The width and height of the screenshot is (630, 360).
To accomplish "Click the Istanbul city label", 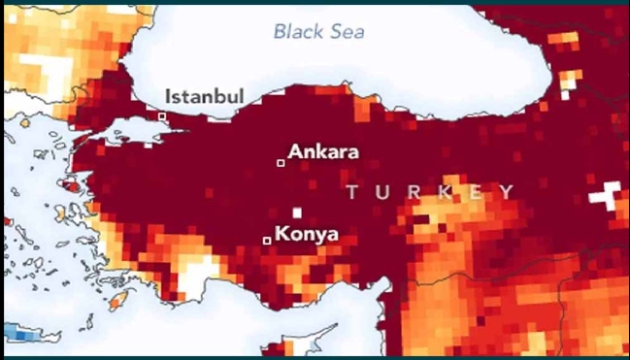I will [x=204, y=96].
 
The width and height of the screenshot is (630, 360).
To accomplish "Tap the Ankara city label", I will [x=323, y=152].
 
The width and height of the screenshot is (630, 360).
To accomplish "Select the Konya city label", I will [x=307, y=234].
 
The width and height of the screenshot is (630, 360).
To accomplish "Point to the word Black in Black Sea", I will [x=296, y=31].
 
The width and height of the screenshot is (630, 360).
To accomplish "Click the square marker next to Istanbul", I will [x=162, y=116].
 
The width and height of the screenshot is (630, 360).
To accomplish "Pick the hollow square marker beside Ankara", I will [x=281, y=162].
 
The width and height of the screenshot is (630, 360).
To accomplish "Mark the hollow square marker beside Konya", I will [x=267, y=240].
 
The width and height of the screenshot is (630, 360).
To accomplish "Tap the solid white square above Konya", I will [x=297, y=213].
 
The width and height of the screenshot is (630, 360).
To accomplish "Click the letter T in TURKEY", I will [x=352, y=192].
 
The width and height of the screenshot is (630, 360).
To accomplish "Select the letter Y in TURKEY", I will [x=507, y=192].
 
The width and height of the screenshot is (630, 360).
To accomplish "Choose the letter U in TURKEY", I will [x=381, y=192].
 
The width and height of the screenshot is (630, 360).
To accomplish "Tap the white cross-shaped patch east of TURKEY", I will [x=609, y=196].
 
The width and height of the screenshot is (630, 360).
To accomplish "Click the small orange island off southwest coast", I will [x=118, y=302].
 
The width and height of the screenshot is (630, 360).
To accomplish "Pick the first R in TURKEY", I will [x=413, y=192].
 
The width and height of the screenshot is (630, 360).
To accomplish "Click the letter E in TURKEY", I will [x=476, y=192].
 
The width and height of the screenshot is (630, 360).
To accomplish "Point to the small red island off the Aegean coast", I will [x=70, y=183].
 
